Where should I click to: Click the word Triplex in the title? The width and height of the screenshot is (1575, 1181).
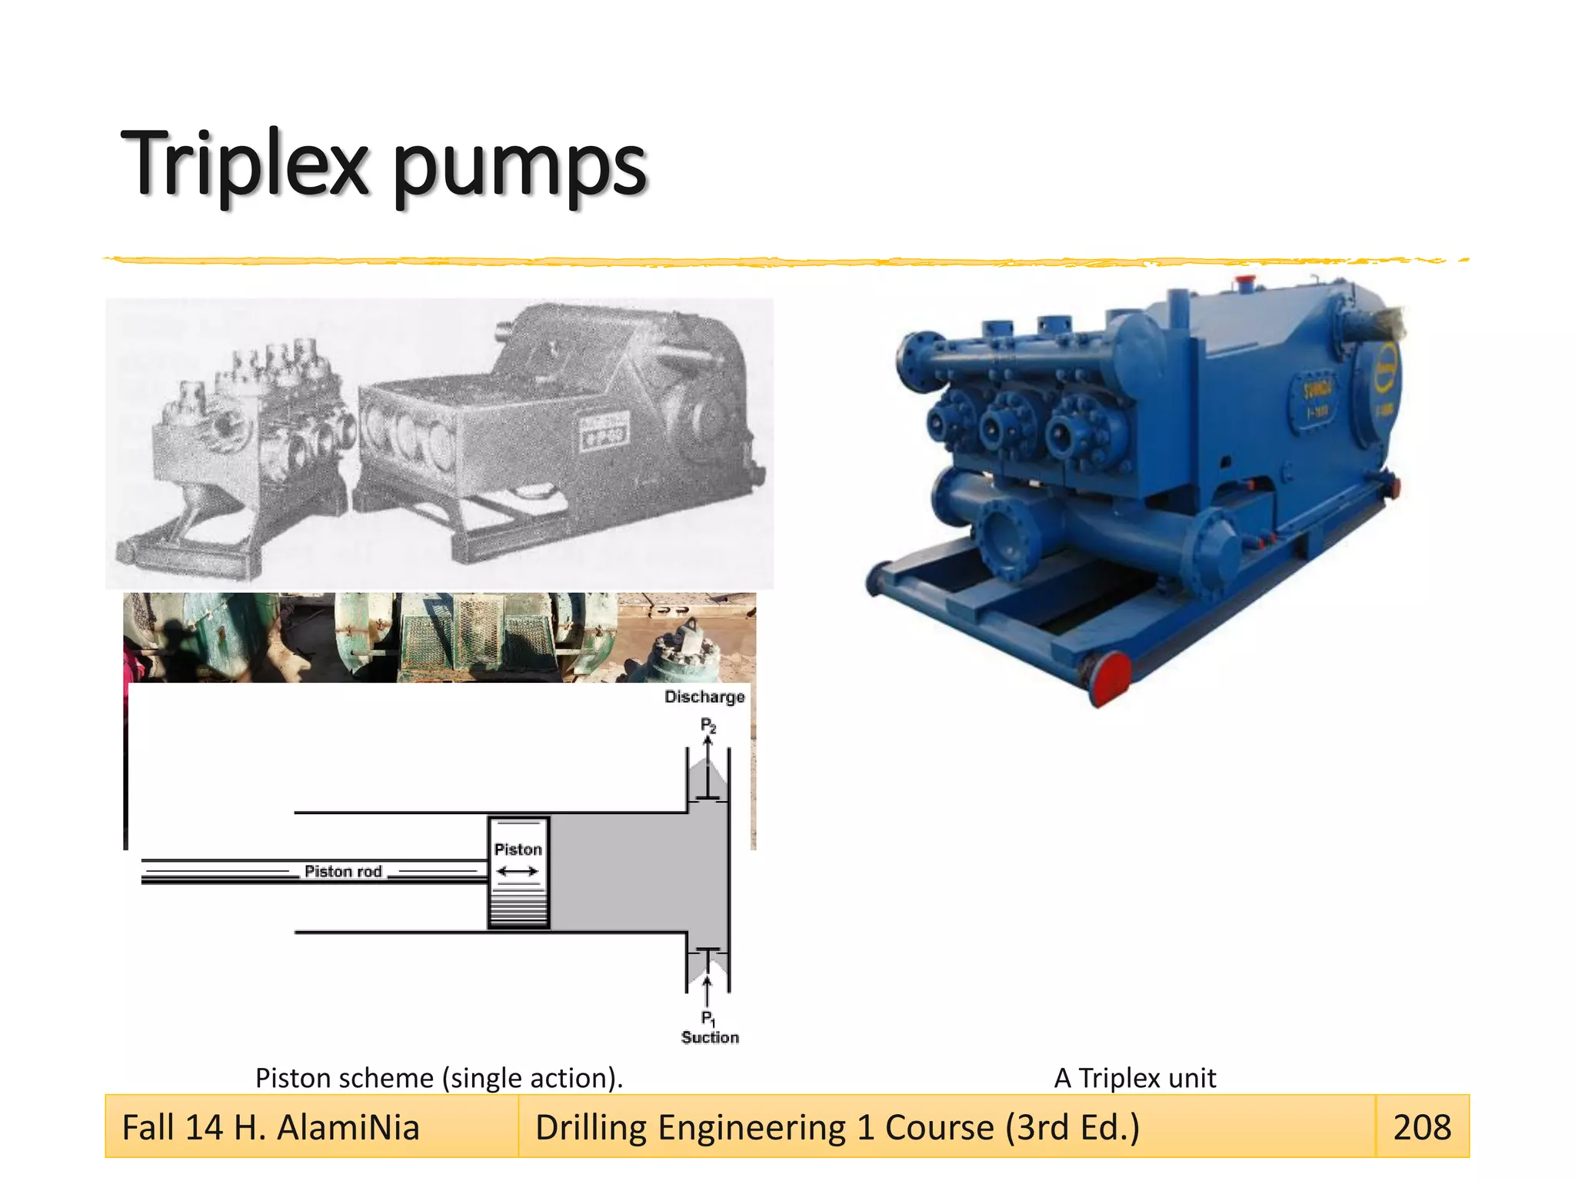tap(245, 163)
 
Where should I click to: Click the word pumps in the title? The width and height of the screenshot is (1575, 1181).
tap(520, 168)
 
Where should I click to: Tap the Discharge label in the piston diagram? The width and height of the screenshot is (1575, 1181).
tap(704, 697)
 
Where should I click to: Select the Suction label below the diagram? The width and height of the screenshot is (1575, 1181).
tap(710, 1037)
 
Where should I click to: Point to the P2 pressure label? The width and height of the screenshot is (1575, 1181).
tap(708, 725)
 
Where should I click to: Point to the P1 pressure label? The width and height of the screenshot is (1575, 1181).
tap(708, 1019)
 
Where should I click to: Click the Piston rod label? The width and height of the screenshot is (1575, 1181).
tap(343, 871)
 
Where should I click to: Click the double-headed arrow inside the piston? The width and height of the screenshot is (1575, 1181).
tap(518, 871)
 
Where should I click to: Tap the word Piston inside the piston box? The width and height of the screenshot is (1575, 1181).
tap(518, 849)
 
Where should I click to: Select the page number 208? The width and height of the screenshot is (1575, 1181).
tap(1422, 1127)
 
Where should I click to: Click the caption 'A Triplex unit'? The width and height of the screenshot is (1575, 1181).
tap(1134, 1078)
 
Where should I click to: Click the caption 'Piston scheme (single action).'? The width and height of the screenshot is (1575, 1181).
tap(438, 1078)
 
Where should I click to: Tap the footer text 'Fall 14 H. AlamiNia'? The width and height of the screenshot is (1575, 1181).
tap(271, 1127)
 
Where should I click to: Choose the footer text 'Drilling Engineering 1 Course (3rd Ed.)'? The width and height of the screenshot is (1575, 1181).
tap(837, 1127)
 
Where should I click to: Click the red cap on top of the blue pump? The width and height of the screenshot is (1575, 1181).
tap(1244, 280)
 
